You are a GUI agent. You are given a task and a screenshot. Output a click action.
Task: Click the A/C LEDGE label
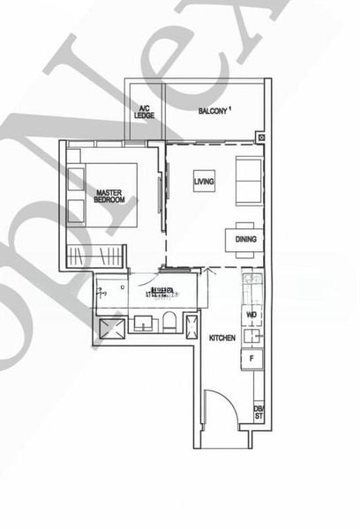click(145, 111)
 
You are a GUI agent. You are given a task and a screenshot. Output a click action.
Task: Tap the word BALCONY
click(212, 111)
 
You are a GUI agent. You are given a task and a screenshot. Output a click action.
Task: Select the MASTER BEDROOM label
click(109, 196)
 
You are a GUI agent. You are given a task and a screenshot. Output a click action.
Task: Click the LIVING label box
click(204, 182)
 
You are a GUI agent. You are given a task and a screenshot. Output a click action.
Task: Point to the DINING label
click(246, 237)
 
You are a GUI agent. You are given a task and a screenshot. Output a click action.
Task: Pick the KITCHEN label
click(221, 338)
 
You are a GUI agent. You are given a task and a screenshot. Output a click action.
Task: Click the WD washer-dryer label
click(251, 315)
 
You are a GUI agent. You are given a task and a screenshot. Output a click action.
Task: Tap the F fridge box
click(251, 358)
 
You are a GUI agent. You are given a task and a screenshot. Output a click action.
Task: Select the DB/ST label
click(259, 412)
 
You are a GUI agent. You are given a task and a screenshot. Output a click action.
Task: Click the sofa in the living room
click(248, 180)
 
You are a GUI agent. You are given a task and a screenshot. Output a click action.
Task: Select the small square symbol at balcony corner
click(260, 138)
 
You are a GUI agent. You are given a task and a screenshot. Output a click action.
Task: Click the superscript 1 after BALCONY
click(230, 108)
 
